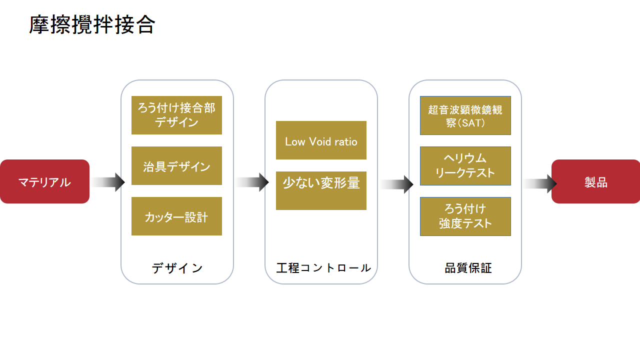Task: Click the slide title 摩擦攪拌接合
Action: pyautogui.click(x=92, y=25)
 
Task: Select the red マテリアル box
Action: pyautogui.click(x=44, y=181)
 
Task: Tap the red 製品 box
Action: pyautogui.click(x=595, y=181)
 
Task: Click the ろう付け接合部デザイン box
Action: pyautogui.click(x=176, y=115)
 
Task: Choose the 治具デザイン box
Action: pyautogui.click(x=176, y=165)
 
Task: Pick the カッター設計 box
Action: pyautogui.click(x=176, y=216)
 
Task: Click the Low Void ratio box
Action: pyautogui.click(x=321, y=140)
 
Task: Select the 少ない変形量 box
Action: pyautogui.click(x=321, y=190)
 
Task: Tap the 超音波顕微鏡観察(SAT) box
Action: pyautogui.click(x=465, y=115)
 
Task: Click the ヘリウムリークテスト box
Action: pyautogui.click(x=465, y=166)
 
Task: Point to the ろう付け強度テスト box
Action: pyautogui.click(x=465, y=216)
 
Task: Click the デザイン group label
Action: pyautogui.click(x=177, y=268)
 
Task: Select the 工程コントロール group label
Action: pyautogui.click(x=323, y=268)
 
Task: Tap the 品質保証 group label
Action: pyautogui.click(x=468, y=268)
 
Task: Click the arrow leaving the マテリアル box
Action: pyautogui.click(x=108, y=182)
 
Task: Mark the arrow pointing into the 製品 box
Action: pyautogui.click(x=540, y=183)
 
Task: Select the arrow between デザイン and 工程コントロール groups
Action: pyautogui.click(x=252, y=182)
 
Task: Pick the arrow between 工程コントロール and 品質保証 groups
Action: pyautogui.click(x=396, y=184)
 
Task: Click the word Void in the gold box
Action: pyautogui.click(x=320, y=141)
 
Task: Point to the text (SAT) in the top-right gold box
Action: pyautogui.click(x=471, y=123)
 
